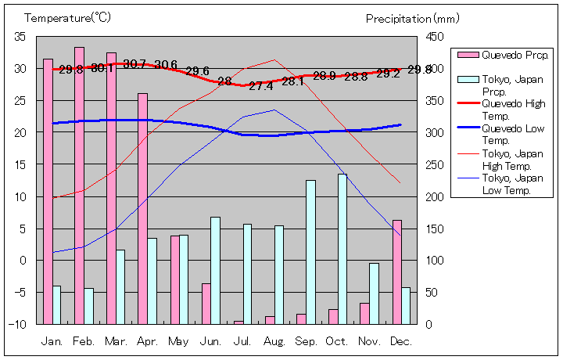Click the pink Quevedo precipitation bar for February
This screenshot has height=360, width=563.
(x=79, y=185)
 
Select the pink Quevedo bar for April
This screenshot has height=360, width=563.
(x=142, y=208)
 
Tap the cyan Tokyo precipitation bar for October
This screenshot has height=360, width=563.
(x=342, y=249)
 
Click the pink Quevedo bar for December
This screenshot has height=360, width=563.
(x=396, y=272)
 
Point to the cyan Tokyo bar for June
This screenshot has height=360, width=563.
(x=215, y=270)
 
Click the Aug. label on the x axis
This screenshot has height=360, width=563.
(x=274, y=342)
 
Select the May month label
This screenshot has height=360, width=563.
(x=178, y=342)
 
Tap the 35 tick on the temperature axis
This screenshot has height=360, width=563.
(x=20, y=37)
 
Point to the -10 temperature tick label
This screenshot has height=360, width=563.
(x=17, y=324)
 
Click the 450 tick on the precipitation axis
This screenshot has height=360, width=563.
(x=435, y=37)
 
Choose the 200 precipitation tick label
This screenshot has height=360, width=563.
(x=435, y=196)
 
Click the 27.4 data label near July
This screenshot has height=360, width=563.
(x=260, y=86)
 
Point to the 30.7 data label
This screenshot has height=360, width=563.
(x=134, y=64)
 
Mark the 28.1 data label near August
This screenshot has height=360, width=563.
(x=292, y=81)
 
